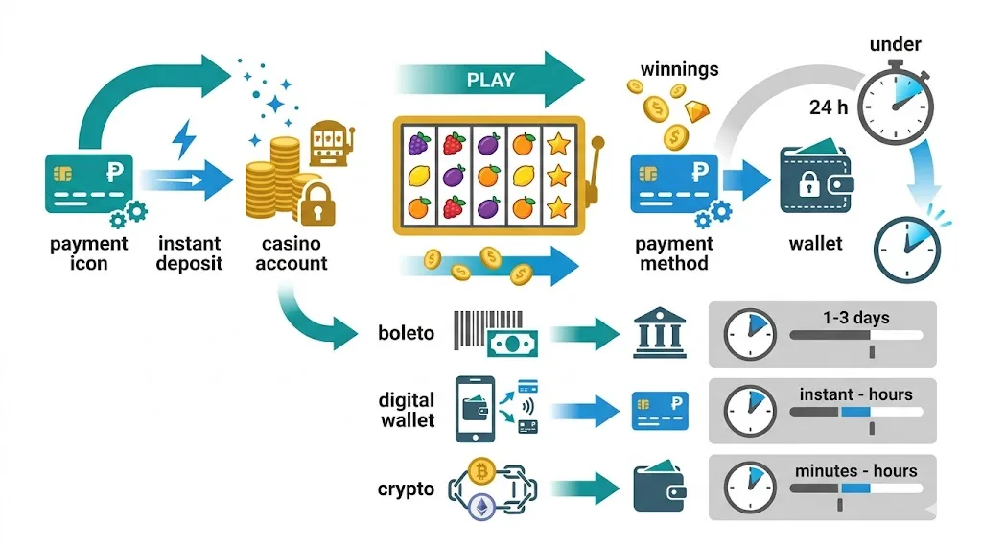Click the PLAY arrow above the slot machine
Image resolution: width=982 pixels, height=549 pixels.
click(x=489, y=80)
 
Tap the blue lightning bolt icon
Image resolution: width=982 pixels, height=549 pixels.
click(x=183, y=139)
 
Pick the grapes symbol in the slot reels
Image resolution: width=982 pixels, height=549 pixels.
click(x=417, y=145)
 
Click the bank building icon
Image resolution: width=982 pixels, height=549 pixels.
click(x=659, y=333)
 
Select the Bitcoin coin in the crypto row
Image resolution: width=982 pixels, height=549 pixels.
click(x=481, y=471)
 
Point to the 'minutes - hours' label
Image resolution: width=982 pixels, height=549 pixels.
click(x=855, y=471)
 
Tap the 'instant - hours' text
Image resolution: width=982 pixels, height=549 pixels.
click(x=855, y=394)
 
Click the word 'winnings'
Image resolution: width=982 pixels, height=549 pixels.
click(x=679, y=69)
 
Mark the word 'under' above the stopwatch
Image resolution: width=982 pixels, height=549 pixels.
click(x=895, y=44)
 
